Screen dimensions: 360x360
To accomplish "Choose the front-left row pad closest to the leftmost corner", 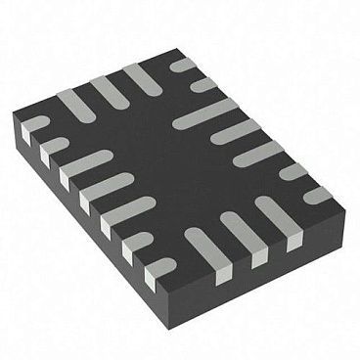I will (35, 125).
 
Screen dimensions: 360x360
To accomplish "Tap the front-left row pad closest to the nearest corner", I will (157, 266).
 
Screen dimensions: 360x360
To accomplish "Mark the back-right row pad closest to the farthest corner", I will (183, 66).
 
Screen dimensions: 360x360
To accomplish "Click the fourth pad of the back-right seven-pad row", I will (235, 131).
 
